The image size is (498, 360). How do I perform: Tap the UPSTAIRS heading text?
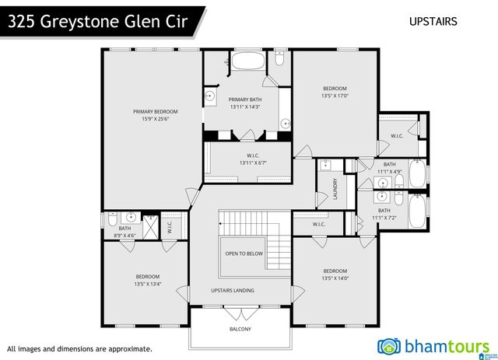[x=433, y=21]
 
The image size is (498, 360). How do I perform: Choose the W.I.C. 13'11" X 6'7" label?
[x=247, y=159]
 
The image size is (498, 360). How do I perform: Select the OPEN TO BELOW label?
[x=244, y=253]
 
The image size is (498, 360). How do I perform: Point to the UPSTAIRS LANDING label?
[x=233, y=291]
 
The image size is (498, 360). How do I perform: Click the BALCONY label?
[x=240, y=328]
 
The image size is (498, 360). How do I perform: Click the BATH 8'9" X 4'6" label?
[x=125, y=232]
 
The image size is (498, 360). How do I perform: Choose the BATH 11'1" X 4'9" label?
[x=389, y=168]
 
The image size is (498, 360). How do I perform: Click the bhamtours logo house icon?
[x=388, y=345]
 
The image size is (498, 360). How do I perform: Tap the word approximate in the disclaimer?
[x=126, y=349]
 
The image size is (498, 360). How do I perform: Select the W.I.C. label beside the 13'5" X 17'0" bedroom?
[x=396, y=136]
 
